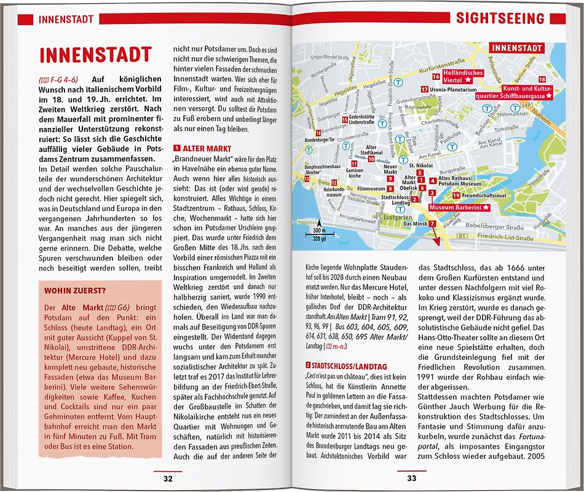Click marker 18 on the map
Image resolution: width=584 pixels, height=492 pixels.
click(x=542, y=80)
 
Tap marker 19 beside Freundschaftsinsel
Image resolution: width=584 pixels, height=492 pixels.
click(x=456, y=195)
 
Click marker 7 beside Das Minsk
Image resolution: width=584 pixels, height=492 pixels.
click(x=433, y=223)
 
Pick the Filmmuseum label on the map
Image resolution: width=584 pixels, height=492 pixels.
click(x=371, y=188)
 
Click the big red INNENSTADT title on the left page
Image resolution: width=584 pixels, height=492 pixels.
click(x=95, y=54)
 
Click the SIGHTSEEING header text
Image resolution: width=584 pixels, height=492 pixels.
click(x=500, y=18)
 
